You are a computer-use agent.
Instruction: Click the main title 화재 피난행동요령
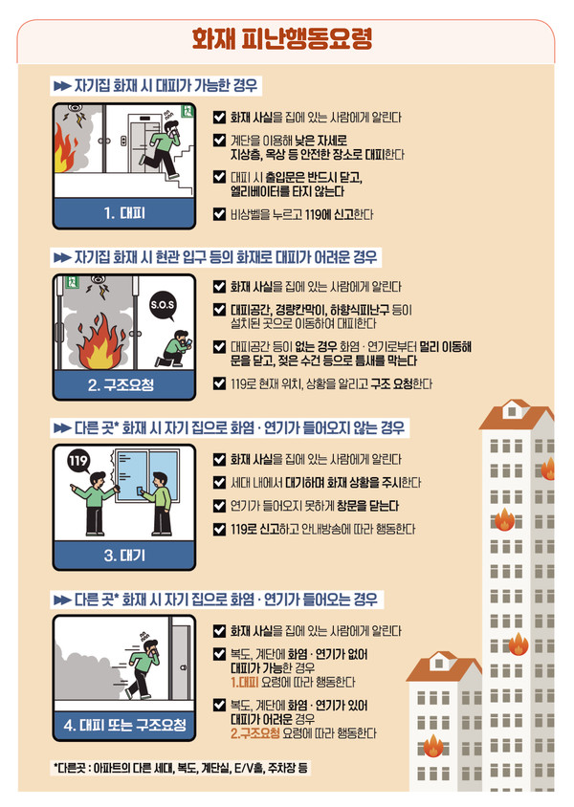click(282, 39)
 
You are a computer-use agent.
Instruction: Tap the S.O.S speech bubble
click(163, 306)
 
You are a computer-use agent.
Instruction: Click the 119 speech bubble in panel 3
click(78, 461)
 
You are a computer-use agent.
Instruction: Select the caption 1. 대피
click(124, 213)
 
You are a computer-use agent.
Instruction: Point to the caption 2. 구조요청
click(121, 385)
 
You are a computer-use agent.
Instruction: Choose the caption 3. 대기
click(124, 556)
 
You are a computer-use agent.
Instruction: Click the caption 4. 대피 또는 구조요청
click(124, 725)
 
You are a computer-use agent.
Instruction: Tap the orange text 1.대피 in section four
click(245, 682)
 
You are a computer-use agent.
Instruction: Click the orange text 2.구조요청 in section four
click(255, 732)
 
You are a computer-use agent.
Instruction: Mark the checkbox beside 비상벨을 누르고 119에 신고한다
click(219, 213)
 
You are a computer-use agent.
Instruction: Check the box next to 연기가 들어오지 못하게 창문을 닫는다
click(219, 506)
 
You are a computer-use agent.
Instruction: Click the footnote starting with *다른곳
click(181, 769)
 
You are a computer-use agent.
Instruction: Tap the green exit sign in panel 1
click(187, 111)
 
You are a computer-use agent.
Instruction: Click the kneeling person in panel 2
click(175, 348)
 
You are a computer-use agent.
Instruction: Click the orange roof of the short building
click(444, 668)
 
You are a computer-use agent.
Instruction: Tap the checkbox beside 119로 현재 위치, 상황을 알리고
click(219, 383)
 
